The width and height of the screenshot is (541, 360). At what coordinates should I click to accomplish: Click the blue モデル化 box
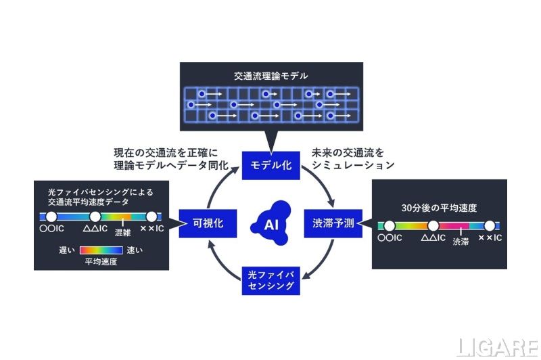click(x=271, y=165)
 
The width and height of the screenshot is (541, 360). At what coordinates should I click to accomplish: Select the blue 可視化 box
click(x=208, y=223)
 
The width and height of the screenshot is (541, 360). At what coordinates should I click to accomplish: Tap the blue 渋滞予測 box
click(x=333, y=223)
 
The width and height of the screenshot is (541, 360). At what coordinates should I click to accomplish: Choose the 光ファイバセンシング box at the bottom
click(x=271, y=280)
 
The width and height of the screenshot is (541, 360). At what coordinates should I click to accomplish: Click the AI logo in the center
click(x=271, y=223)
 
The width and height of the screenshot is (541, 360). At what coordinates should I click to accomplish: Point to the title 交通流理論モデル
click(x=271, y=76)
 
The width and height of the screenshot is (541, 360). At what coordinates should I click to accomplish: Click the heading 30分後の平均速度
click(x=439, y=208)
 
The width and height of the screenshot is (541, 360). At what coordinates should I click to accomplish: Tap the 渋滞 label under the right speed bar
click(x=461, y=242)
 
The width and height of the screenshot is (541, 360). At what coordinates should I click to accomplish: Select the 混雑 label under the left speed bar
click(x=123, y=233)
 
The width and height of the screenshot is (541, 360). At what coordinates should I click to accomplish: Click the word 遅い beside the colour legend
click(x=67, y=250)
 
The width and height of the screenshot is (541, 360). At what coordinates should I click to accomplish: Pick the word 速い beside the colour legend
click(x=135, y=250)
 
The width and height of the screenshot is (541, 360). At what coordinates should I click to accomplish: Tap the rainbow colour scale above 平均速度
click(x=101, y=250)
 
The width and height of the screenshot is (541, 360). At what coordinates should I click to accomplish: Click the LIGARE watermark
click(x=498, y=348)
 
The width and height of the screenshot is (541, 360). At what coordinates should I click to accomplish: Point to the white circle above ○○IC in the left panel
click(x=51, y=217)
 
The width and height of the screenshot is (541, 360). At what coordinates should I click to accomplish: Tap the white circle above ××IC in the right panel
click(x=490, y=226)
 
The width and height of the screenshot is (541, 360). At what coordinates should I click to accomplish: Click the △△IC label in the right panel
click(x=433, y=238)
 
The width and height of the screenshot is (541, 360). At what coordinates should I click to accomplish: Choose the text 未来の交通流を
click(x=348, y=152)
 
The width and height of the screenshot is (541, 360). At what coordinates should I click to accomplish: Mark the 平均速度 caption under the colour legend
click(x=101, y=262)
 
